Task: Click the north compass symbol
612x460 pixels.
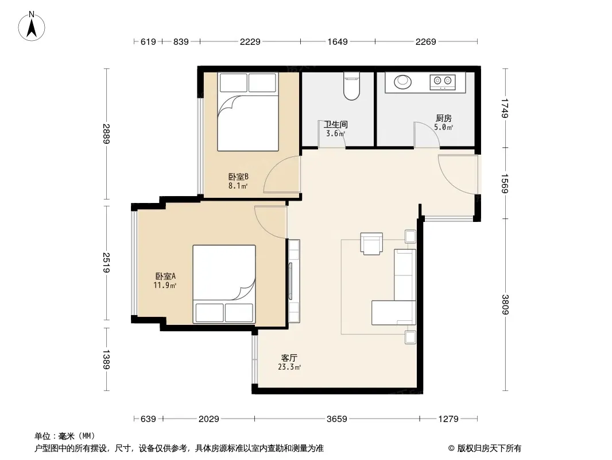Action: [x=32, y=26]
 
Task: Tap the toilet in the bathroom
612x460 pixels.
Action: [x=351, y=86]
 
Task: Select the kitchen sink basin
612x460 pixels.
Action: [x=402, y=82]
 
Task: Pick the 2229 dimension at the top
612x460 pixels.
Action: [x=250, y=41]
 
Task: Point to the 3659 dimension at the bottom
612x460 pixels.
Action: [x=337, y=419]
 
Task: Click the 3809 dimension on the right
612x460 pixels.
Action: [x=505, y=304]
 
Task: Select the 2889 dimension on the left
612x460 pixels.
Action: [x=106, y=133]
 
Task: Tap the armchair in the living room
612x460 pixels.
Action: [x=371, y=243]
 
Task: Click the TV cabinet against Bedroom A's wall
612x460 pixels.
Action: [x=293, y=281]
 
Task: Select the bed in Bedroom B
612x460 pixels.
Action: [x=248, y=112]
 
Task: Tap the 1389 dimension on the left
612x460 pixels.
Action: [x=106, y=359]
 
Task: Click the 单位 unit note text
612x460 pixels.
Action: [x=65, y=436]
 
